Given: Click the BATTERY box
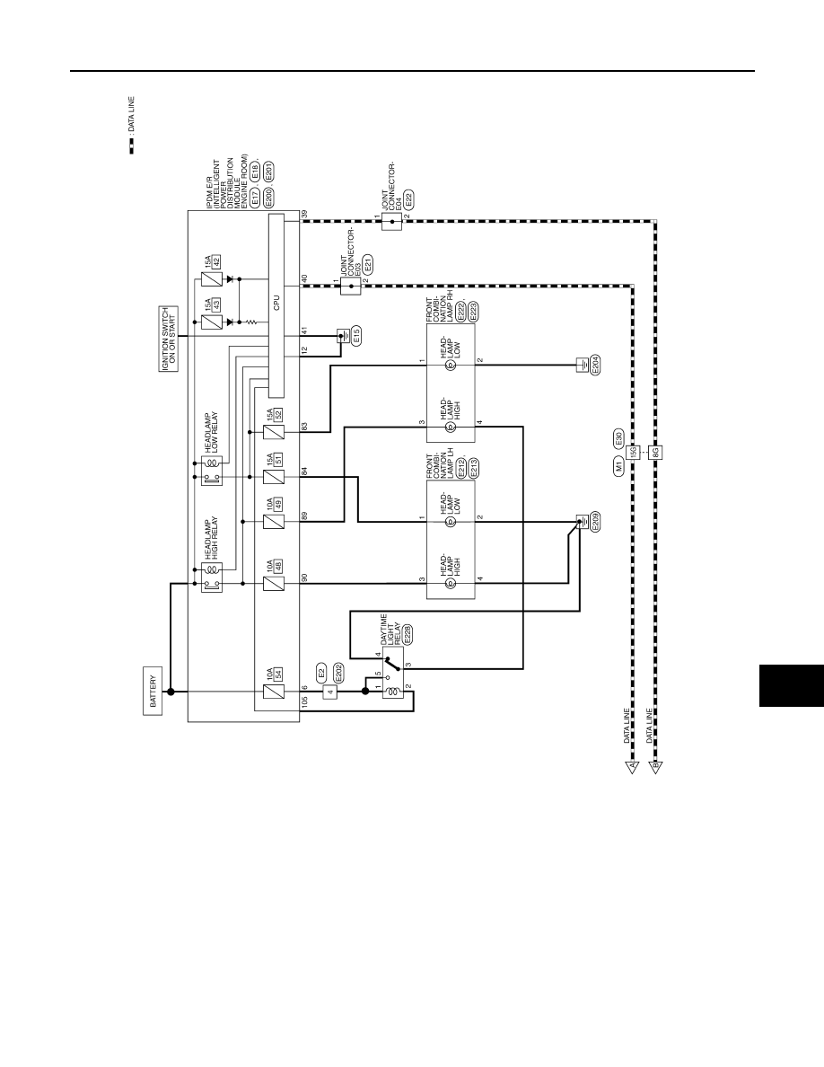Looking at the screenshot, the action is tap(153, 691).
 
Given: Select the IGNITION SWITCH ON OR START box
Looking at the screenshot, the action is tap(170, 339).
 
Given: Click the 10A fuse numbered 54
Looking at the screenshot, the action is tap(273, 692).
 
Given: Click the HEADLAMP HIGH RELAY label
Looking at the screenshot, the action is tap(212, 538).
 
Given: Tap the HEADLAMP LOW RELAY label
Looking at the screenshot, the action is tap(212, 433).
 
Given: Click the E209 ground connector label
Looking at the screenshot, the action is tap(595, 523).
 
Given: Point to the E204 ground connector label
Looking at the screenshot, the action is tap(595, 366).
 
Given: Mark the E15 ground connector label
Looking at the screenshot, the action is tap(356, 336).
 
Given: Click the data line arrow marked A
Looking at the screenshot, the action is tap(632, 768).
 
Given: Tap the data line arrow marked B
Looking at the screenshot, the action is tap(656, 768).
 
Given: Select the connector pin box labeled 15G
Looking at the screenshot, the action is tap(633, 452).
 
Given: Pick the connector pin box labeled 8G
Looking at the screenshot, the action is tap(656, 452).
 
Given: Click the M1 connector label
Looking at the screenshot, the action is tap(618, 466).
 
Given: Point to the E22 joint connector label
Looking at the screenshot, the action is tap(408, 200).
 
